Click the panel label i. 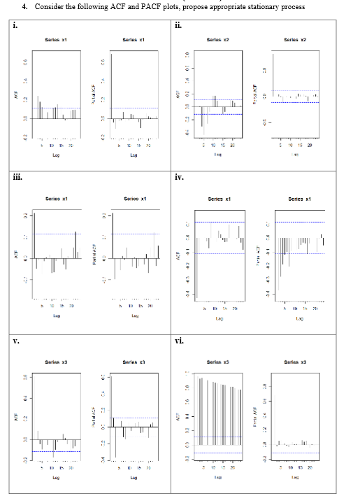point(15,27)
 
